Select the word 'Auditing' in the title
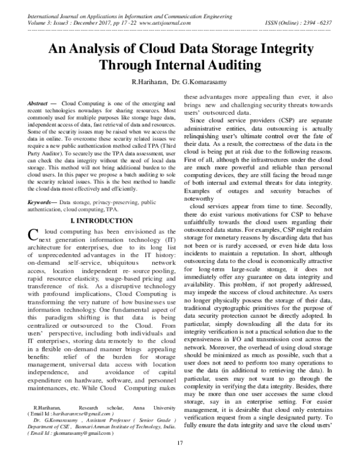pyautogui.click(x=229, y=64)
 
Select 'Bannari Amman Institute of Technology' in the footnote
pyautogui.click(x=152, y=426)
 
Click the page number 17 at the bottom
pyautogui.click(x=179, y=459)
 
